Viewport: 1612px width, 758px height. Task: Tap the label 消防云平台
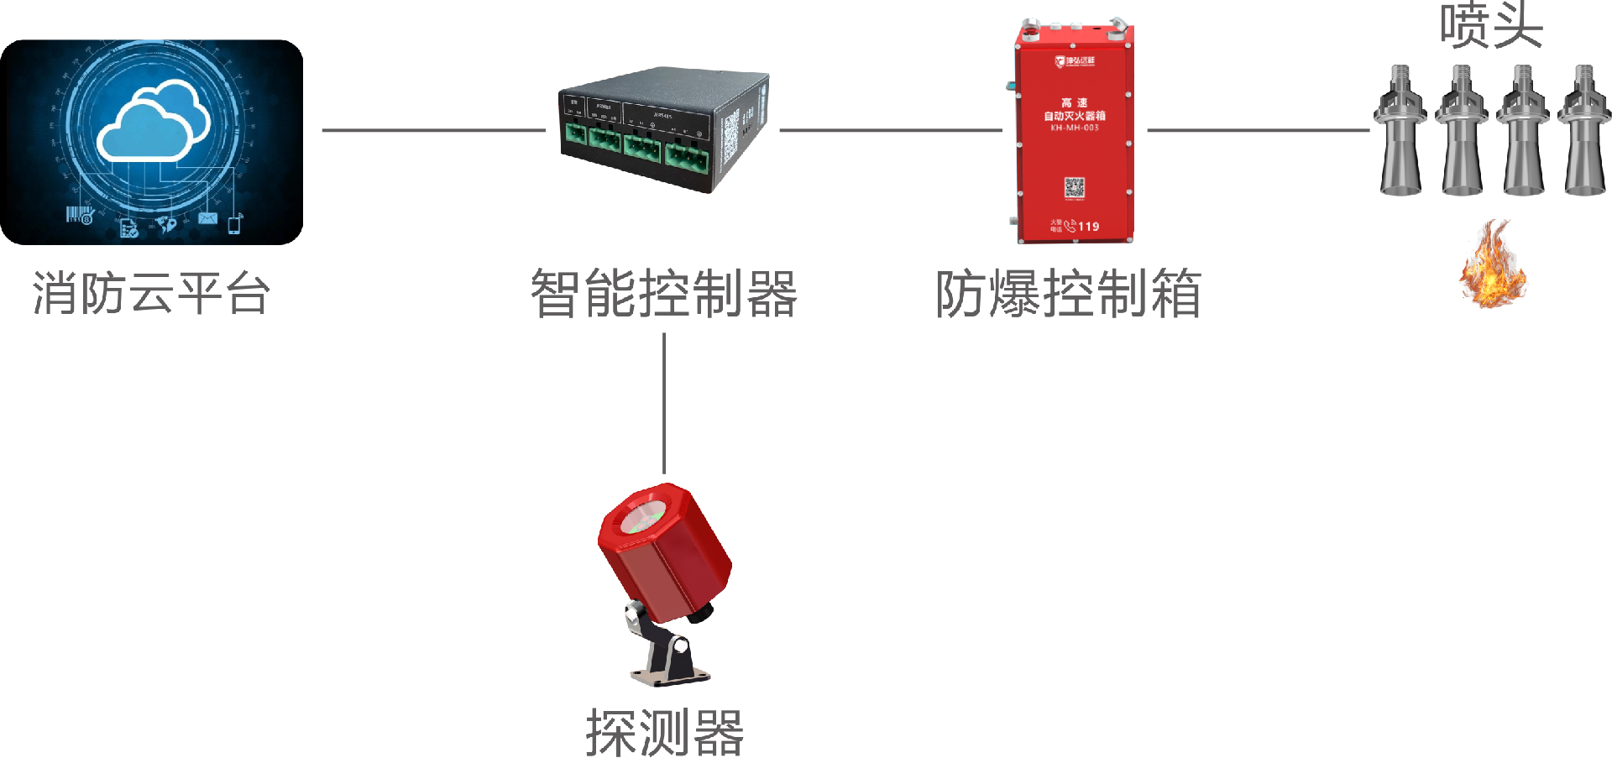tap(151, 294)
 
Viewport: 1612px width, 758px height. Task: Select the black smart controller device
tap(663, 130)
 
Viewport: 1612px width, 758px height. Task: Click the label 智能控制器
tap(663, 294)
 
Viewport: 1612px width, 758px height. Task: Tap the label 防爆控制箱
tap(1068, 294)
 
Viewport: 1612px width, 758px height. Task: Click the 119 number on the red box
tap(1088, 227)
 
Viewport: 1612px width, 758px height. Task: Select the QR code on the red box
tap(1075, 187)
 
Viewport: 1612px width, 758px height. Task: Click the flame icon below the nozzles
tap(1493, 264)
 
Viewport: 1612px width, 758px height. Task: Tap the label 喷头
tap(1491, 25)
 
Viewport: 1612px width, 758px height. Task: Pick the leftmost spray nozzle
tap(1400, 130)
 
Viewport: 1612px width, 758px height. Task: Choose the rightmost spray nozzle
tap(1585, 130)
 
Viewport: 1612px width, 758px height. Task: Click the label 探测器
tap(664, 733)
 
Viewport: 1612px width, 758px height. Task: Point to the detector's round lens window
tap(643, 515)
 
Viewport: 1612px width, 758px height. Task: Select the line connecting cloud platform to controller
tap(433, 130)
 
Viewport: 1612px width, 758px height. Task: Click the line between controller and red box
tap(890, 130)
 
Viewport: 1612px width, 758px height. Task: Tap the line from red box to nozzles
tap(1258, 130)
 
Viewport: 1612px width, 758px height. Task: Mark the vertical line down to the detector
tap(664, 403)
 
